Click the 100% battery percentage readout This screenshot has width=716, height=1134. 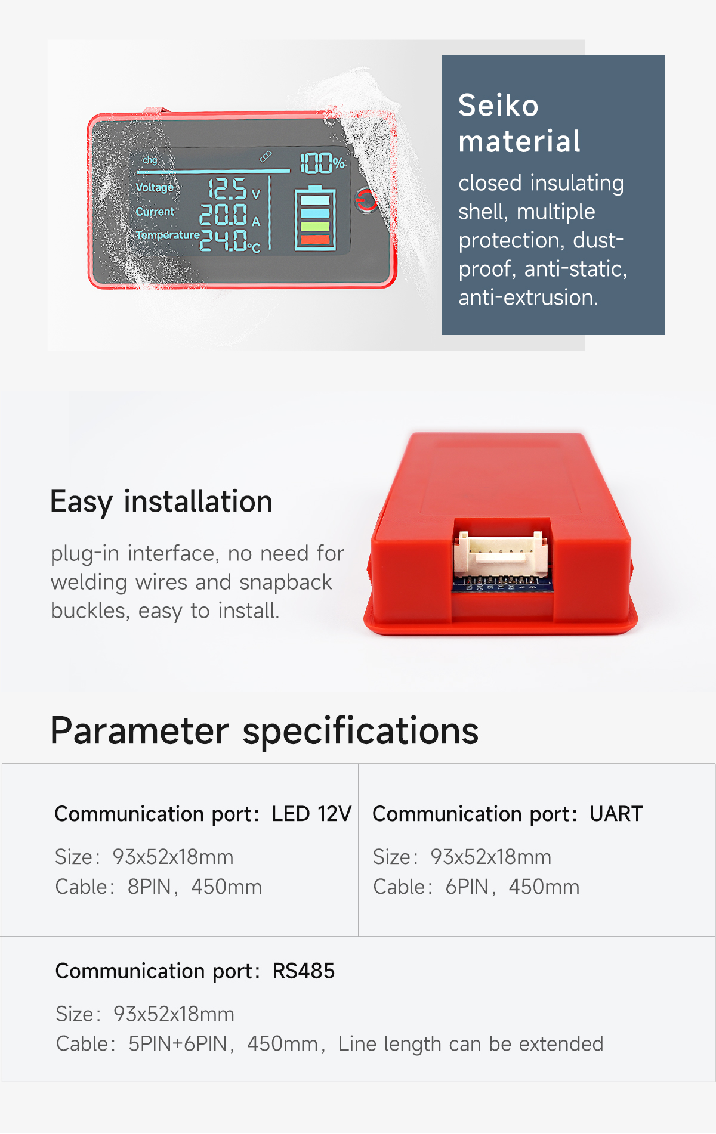pyautogui.click(x=322, y=163)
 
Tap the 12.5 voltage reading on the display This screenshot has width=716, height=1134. pyautogui.click(x=227, y=189)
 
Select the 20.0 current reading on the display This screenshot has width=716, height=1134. pyautogui.click(x=223, y=215)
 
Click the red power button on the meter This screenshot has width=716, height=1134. pyautogui.click(x=366, y=200)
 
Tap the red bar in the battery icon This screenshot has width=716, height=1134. pyautogui.click(x=315, y=240)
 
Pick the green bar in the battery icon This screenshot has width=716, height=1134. pyautogui.click(x=315, y=227)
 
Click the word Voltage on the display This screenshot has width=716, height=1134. pyautogui.click(x=155, y=187)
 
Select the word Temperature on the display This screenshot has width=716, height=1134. pyautogui.click(x=168, y=235)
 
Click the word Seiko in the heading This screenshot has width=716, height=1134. pyautogui.click(x=498, y=106)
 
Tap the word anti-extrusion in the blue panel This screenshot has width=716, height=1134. pyautogui.click(x=527, y=298)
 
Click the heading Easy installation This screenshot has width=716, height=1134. pyautogui.click(x=161, y=501)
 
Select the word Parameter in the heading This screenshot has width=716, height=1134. pyautogui.click(x=139, y=731)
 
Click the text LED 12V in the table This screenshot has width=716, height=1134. pyautogui.click(x=311, y=814)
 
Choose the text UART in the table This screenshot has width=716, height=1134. pyautogui.click(x=616, y=814)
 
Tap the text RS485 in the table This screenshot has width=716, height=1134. pyautogui.click(x=303, y=971)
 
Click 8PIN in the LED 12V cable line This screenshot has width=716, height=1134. pyautogui.click(x=149, y=887)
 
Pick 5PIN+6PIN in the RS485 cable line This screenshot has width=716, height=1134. pyautogui.click(x=178, y=1044)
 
